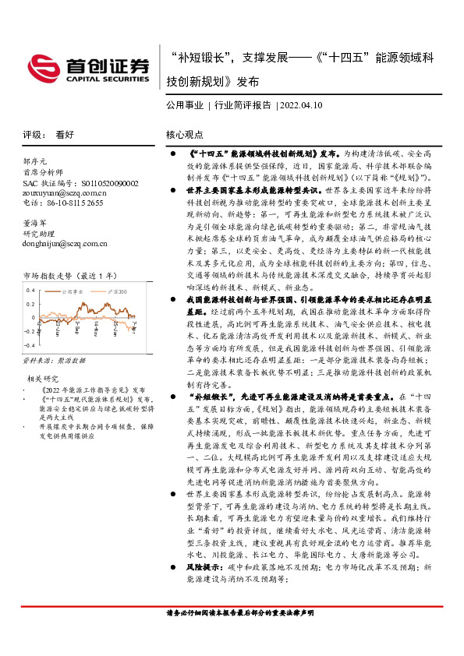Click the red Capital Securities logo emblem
tap(38, 66)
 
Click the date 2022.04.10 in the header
tap(302, 104)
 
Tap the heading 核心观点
tap(185, 134)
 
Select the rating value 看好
tap(64, 134)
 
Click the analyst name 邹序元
tap(36, 162)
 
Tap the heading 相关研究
tap(44, 379)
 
